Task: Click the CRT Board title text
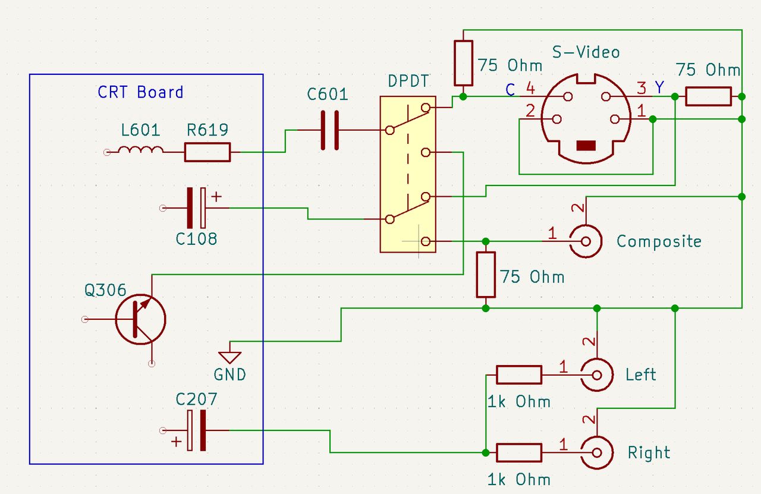pos(140,92)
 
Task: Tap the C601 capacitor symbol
pos(329,130)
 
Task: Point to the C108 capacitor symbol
pos(196,208)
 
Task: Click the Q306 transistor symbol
pos(140,320)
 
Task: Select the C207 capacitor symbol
pos(196,430)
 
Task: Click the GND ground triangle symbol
pos(229,357)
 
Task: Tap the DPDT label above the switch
pos(408,81)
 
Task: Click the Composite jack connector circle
pos(585,241)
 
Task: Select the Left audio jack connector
pos(597,375)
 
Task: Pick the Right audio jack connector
pos(597,453)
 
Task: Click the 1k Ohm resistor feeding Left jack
pos(519,375)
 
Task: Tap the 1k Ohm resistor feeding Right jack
pos(519,453)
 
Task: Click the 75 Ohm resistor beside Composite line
pos(486,275)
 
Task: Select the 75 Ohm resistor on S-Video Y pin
pos(708,96)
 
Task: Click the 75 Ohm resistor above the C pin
pos(464,63)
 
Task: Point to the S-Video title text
pos(586,52)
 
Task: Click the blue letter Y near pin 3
pos(660,87)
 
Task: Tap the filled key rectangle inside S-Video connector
pos(587,146)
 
